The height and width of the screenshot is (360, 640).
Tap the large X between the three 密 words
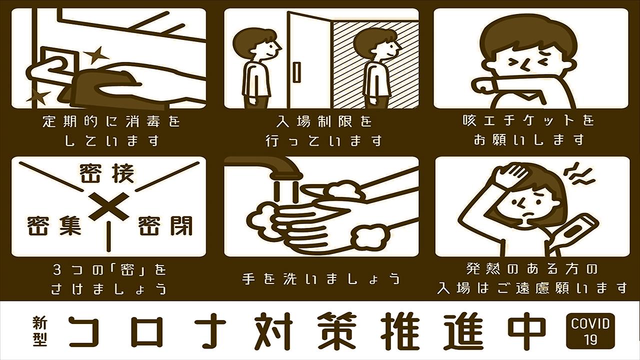108,206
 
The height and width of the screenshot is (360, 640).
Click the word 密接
106,173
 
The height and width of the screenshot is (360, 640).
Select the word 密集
54,225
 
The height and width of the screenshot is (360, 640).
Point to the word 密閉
165,225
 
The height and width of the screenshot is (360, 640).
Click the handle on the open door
297,71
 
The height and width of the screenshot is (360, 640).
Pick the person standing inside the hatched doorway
376,68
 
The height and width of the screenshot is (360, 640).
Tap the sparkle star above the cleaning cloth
96,55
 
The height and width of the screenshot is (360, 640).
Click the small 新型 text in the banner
40,331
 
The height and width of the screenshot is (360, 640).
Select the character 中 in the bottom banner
527,331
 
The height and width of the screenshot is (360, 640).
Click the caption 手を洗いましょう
321,278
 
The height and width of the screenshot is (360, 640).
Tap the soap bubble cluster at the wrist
369,236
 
